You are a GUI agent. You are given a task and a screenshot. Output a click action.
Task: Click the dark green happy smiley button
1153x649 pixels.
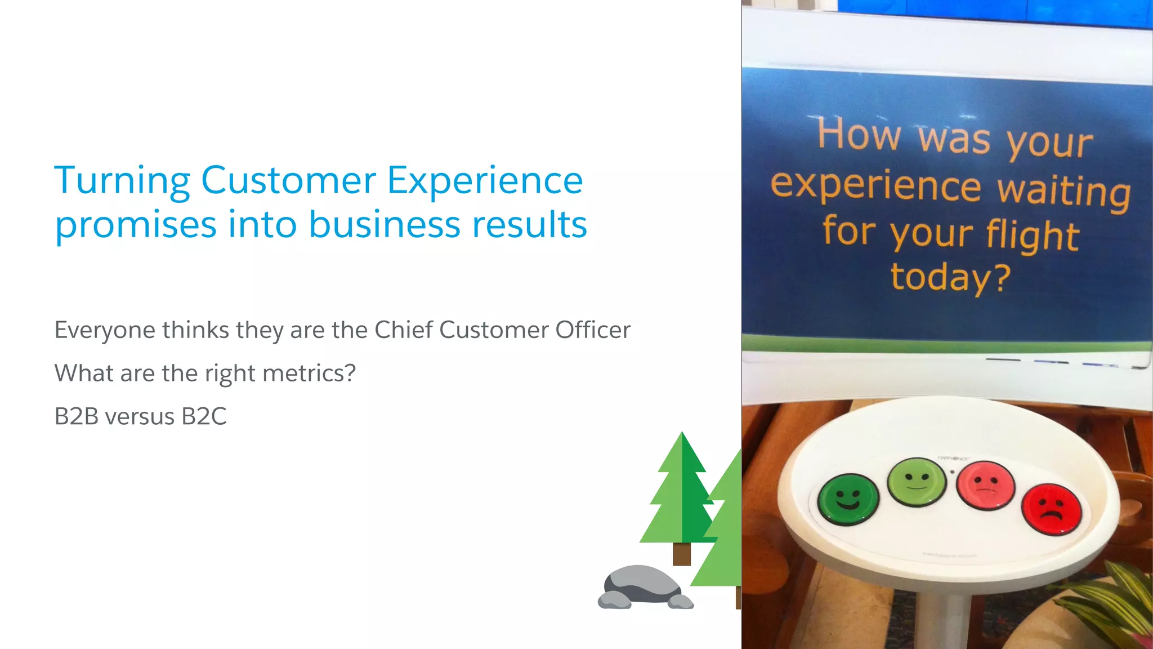pyautogui.click(x=848, y=499)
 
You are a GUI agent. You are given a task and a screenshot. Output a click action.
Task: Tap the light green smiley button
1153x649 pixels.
pyautogui.click(x=917, y=482)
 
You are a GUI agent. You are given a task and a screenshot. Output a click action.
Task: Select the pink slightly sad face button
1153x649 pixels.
pyautogui.click(x=986, y=485)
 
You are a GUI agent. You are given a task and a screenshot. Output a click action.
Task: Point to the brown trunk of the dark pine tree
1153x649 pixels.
pyautogui.click(x=681, y=553)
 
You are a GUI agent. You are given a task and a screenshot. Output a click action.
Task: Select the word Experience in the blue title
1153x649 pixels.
pyautogui.click(x=485, y=181)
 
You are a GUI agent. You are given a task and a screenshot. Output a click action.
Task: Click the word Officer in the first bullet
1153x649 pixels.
pyautogui.click(x=592, y=330)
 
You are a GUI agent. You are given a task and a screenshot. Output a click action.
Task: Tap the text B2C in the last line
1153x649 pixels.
pyautogui.click(x=204, y=417)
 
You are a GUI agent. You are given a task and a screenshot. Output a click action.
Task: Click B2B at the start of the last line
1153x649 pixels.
pyautogui.click(x=77, y=417)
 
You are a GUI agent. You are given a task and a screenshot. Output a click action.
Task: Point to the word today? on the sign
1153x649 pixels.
pyautogui.click(x=950, y=278)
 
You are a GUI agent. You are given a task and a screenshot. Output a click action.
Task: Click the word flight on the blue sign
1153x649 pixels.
pyautogui.click(x=1032, y=235)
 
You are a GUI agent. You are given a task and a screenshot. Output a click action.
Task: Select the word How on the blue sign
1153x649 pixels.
pyautogui.click(x=859, y=135)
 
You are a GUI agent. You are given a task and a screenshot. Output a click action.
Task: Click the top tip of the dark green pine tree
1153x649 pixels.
pyautogui.click(x=682, y=434)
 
